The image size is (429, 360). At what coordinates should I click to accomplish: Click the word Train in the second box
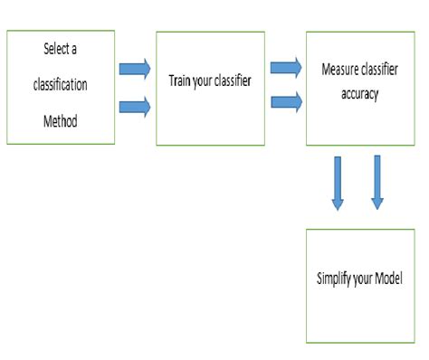point(180,80)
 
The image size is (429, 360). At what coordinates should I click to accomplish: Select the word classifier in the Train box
point(232,80)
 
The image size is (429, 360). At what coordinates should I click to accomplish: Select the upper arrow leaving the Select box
point(134,68)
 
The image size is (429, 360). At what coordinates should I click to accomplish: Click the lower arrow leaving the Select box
point(134,108)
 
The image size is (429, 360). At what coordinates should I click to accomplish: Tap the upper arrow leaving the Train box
point(286,67)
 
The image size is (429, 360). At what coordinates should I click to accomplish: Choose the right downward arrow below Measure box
point(377,182)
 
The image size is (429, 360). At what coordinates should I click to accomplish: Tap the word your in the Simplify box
point(365,279)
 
